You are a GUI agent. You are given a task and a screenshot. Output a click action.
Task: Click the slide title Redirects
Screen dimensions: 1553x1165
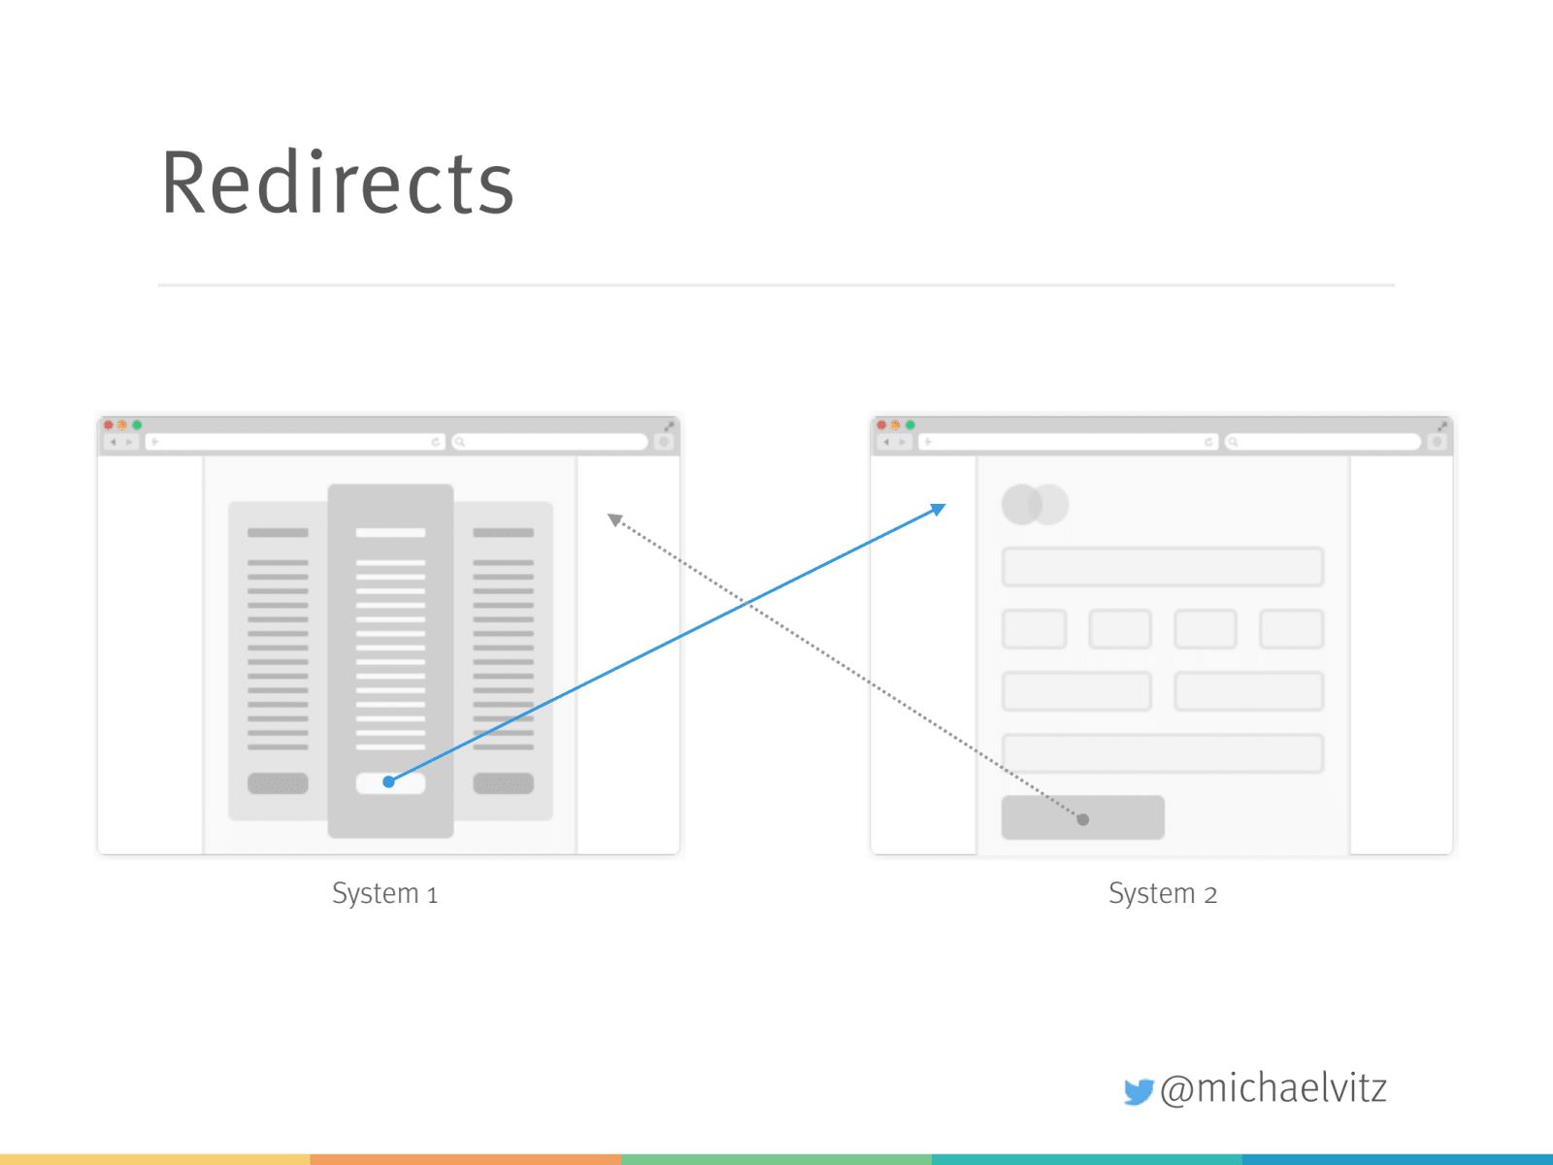337,183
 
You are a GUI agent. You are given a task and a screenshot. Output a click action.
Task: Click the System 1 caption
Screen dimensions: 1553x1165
384,893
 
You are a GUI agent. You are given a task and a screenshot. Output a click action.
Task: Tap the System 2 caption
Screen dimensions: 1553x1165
1162,893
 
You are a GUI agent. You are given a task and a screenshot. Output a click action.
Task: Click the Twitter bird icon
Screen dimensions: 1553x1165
1138,1091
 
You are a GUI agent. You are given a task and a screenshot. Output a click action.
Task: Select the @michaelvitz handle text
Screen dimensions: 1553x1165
1272,1088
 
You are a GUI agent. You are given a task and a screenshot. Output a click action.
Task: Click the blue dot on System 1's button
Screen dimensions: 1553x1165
388,782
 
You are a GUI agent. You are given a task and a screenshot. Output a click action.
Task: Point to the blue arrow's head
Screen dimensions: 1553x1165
939,509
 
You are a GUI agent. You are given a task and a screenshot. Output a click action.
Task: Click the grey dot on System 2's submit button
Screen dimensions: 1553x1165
1083,819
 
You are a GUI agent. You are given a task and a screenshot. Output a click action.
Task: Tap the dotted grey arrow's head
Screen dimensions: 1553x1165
614,520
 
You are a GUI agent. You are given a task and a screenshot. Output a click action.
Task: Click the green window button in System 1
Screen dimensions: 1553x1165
137,425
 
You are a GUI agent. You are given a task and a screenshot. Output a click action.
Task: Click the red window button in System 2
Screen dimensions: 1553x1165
881,425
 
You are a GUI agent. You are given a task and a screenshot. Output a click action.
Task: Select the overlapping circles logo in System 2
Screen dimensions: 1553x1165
1035,505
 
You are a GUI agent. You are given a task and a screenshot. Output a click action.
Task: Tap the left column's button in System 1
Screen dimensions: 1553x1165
278,783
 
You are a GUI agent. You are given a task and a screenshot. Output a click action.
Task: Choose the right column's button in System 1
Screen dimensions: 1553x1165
503,783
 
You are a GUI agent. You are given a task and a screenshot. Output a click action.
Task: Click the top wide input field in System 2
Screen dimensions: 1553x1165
1162,567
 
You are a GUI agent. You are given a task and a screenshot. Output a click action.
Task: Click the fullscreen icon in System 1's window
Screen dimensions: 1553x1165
669,426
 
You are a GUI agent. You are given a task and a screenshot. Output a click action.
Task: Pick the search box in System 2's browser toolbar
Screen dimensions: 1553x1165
1323,442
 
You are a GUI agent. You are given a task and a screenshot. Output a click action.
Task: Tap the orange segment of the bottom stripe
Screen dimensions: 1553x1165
466,1159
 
